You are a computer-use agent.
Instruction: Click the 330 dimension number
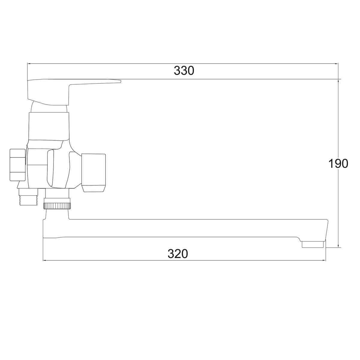(x=184, y=71)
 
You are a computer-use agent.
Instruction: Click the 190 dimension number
(x=338, y=163)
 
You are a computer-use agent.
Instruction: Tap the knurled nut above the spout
(x=57, y=206)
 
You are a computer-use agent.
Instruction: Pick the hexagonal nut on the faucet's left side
(x=18, y=165)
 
